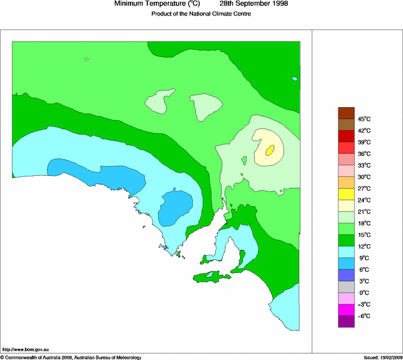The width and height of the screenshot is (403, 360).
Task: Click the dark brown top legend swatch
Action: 346,112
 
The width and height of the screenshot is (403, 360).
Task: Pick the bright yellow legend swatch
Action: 346,194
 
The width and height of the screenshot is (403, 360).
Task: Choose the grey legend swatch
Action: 346,287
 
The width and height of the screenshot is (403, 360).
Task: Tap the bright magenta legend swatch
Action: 346,310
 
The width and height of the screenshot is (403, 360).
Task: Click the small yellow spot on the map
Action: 270,150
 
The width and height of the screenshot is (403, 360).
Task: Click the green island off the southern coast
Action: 210,276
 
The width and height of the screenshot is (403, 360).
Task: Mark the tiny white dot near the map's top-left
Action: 87,59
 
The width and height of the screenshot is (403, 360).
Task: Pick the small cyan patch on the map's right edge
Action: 295,78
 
